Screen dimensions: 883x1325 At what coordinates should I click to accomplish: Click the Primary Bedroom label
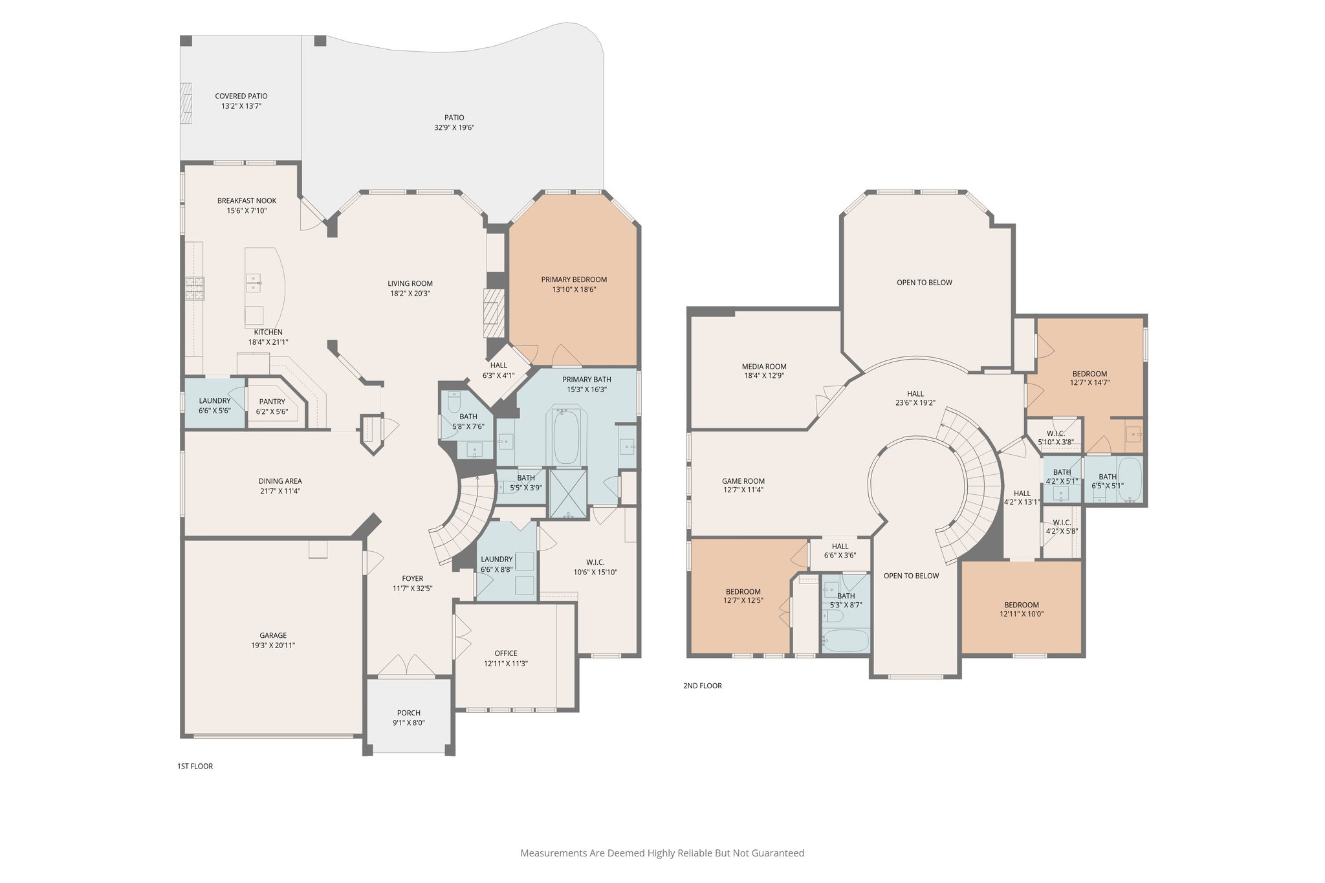point(574,279)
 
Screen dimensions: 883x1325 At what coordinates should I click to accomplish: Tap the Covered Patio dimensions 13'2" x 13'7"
point(241,106)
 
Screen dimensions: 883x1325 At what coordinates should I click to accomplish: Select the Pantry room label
point(272,402)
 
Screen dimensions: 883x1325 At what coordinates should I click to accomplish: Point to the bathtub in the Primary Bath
point(566,436)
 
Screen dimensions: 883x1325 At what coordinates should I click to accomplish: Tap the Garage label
point(273,635)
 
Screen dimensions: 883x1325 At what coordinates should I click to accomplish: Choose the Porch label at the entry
point(409,713)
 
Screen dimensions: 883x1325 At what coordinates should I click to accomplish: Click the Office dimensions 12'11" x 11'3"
point(506,664)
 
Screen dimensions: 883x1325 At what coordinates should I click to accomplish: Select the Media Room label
point(764,366)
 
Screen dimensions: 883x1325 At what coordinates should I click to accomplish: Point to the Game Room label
point(743,481)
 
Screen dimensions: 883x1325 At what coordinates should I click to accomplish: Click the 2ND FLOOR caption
point(703,686)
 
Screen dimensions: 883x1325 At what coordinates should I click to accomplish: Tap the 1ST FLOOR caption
point(195,766)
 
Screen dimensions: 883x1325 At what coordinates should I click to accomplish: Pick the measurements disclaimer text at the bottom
point(662,853)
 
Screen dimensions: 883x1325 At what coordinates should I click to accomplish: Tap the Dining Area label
point(280,481)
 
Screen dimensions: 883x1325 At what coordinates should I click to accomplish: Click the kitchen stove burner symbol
point(195,289)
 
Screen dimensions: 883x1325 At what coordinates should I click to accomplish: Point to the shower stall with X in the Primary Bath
point(567,493)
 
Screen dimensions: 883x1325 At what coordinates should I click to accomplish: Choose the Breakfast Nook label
point(246,201)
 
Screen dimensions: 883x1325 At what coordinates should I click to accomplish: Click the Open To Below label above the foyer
point(911,576)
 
